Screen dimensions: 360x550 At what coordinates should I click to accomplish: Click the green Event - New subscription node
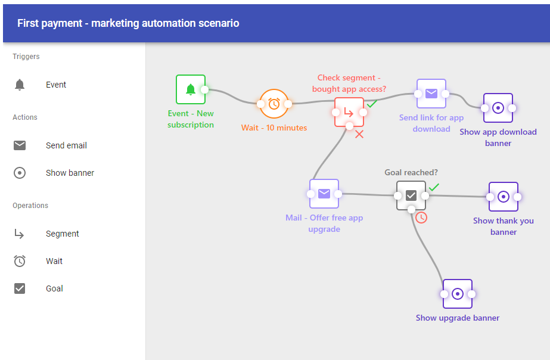point(191,89)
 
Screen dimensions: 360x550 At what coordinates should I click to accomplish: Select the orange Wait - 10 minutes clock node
point(274,104)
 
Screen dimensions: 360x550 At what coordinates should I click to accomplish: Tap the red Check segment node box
point(349,112)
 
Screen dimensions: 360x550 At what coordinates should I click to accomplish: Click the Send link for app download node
point(431,94)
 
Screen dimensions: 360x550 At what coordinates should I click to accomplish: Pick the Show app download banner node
point(498,108)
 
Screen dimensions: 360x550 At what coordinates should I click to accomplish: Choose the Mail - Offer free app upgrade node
point(324,194)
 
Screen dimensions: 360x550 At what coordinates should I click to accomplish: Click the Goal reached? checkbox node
point(411,195)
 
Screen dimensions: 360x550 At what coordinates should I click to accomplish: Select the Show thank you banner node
point(504,197)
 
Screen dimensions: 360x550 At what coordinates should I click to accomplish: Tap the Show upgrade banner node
point(458,294)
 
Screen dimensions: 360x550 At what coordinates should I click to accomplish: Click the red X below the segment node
point(359,135)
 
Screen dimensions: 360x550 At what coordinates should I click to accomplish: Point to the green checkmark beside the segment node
point(372,104)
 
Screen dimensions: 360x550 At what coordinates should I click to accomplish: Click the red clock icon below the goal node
point(421,218)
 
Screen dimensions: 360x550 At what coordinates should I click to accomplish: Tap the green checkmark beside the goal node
point(434,187)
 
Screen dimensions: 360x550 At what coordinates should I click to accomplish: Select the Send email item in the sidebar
point(66,145)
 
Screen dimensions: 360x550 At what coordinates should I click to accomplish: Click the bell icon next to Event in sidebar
point(20,85)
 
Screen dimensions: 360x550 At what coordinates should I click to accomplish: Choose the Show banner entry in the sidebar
point(70,173)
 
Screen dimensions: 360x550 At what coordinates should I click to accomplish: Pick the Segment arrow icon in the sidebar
point(20,234)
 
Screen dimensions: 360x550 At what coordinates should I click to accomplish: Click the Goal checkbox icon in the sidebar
point(20,288)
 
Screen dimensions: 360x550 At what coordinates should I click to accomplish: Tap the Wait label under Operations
point(54,261)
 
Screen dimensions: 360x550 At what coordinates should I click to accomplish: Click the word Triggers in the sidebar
point(26,57)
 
